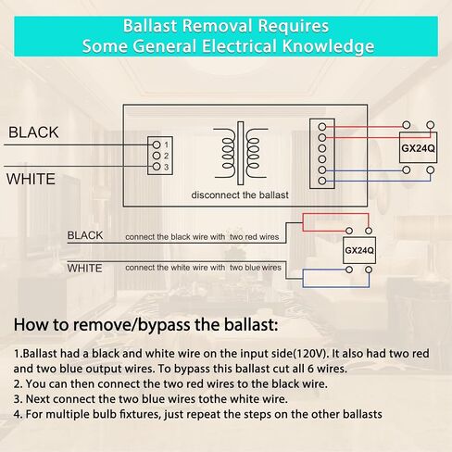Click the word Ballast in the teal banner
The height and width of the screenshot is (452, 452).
(150, 26)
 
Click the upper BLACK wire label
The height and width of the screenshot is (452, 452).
(33, 132)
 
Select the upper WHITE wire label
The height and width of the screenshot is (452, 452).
(31, 179)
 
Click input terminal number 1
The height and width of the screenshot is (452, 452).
(157, 144)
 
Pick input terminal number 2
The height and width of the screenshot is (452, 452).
(157, 156)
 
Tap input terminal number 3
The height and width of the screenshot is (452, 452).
(157, 167)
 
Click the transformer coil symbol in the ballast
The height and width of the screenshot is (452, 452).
(241, 153)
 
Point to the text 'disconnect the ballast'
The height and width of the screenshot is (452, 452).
(240, 195)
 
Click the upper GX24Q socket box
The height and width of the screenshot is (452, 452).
(418, 148)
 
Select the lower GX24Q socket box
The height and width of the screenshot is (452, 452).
(359, 250)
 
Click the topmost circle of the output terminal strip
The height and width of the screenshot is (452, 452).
(322, 127)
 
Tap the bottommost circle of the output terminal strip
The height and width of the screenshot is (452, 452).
(322, 181)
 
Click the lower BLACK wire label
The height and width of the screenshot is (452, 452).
(85, 235)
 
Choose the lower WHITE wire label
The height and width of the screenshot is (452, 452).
(84, 268)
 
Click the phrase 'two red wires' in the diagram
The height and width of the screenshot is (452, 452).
(254, 237)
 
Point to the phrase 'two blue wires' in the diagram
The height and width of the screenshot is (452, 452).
(256, 268)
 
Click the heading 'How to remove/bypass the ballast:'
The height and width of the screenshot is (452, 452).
(145, 325)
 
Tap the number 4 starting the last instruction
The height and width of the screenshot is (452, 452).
(17, 414)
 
